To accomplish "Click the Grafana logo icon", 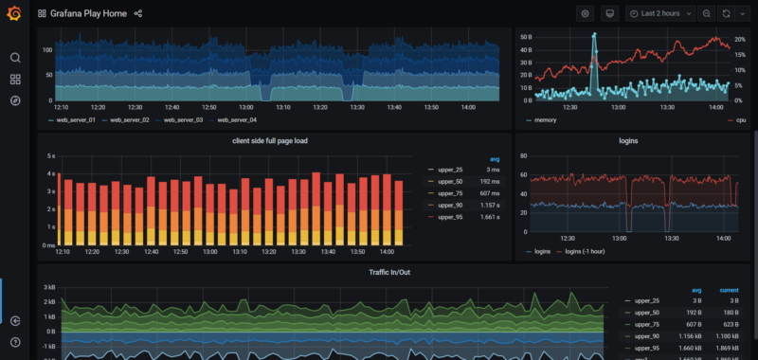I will pos(14,13).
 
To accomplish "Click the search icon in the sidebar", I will pos(15,57).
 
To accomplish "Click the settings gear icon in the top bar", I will pos(585,14).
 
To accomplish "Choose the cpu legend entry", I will pos(740,120).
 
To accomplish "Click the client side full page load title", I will pos(270,140).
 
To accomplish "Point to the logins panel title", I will pos(628,140).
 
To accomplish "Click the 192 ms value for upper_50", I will pos(488,180).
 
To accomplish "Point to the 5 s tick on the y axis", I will pos(49,155).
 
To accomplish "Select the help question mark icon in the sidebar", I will pos(15,341).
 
